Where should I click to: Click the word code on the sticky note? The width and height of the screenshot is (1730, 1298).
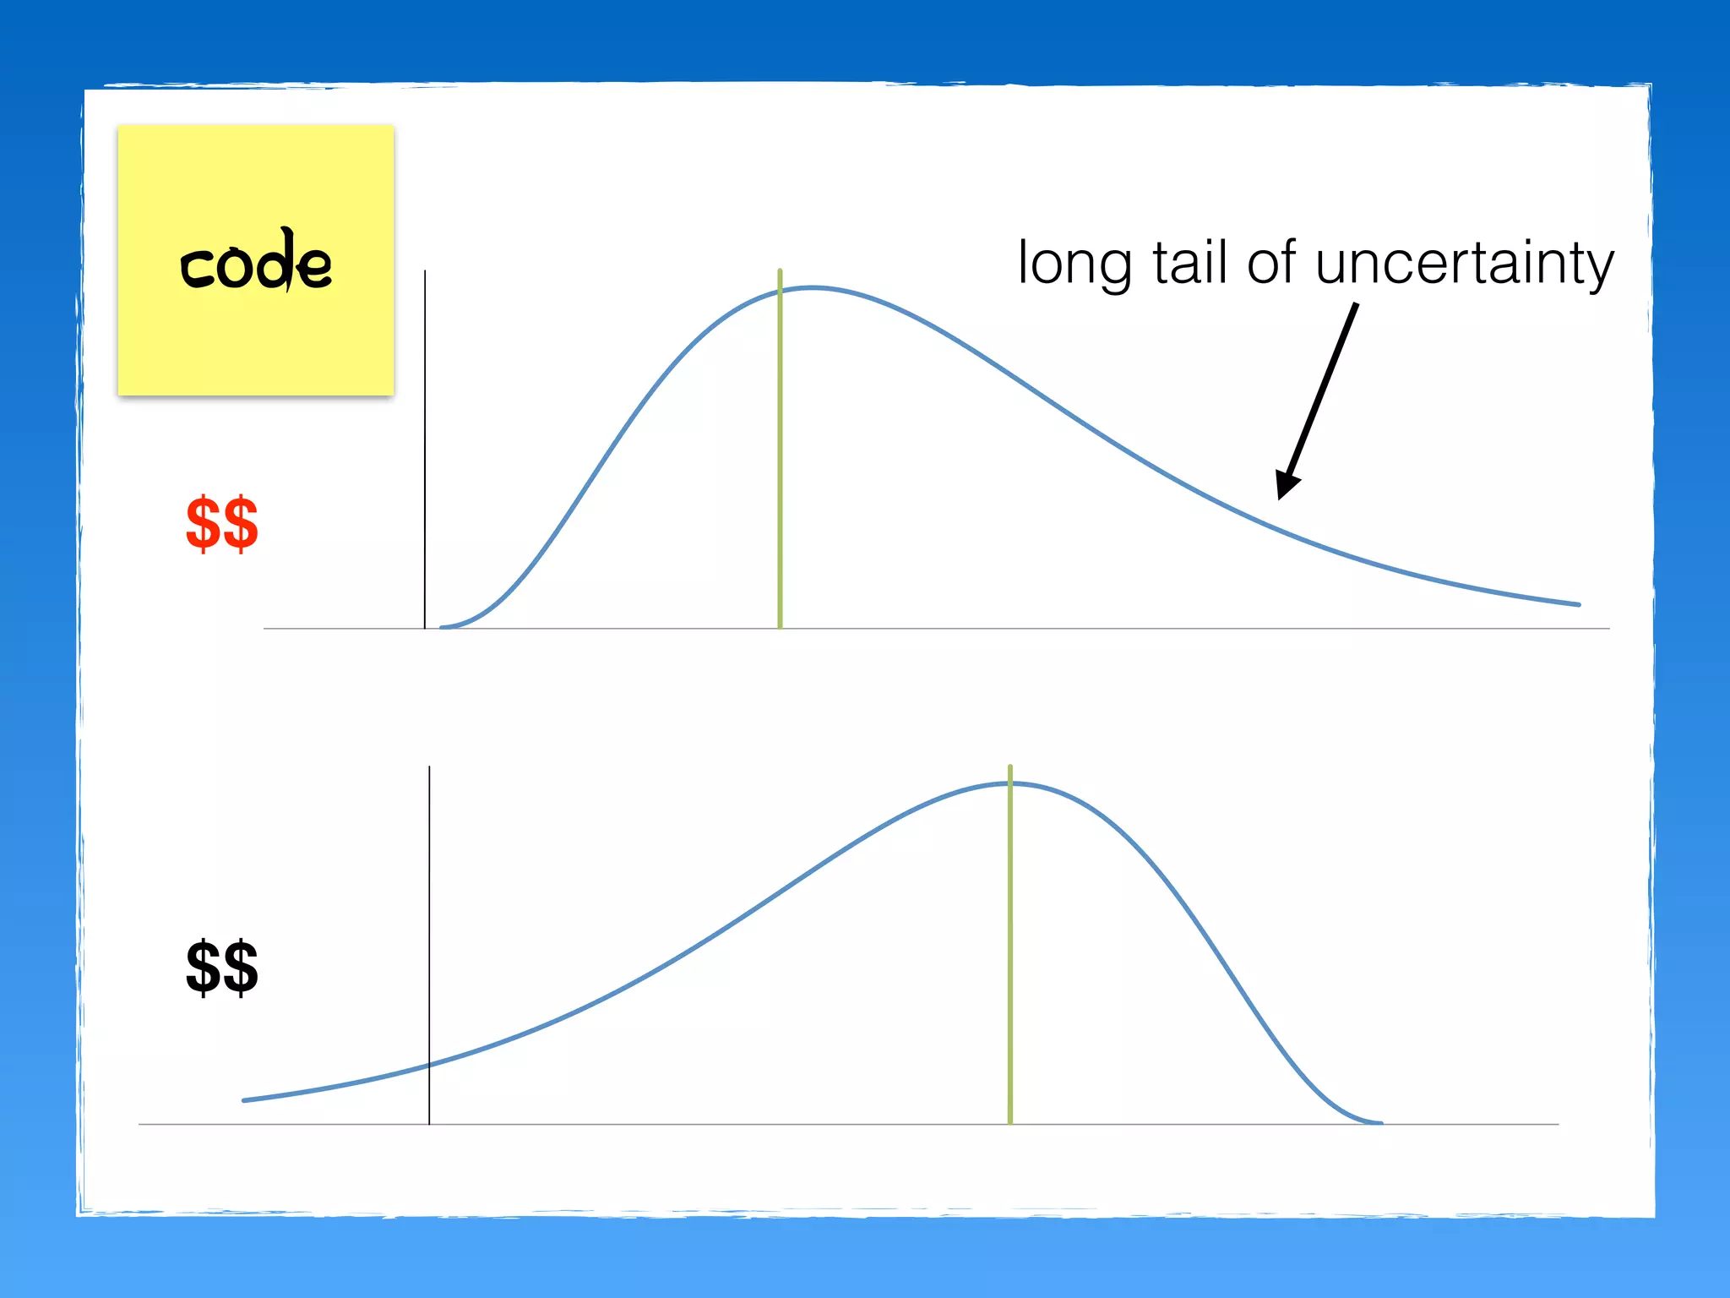pos(255,263)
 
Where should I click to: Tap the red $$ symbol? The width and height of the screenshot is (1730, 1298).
pos(221,524)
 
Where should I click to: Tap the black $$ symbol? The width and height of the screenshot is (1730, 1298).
pos(221,968)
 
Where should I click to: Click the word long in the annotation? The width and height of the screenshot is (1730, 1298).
pos(1074,264)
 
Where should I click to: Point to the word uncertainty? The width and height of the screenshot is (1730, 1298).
pos(1464,264)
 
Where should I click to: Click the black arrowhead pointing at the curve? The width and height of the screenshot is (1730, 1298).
pos(1287,486)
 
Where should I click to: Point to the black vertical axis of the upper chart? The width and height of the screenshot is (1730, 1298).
pos(425,448)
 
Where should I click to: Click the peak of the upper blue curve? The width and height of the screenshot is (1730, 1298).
pos(812,288)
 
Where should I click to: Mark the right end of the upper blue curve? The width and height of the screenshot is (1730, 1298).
pos(1578,604)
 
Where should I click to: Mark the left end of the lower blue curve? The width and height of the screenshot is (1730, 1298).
pos(245,1099)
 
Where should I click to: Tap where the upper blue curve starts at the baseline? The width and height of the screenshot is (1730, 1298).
pos(443,626)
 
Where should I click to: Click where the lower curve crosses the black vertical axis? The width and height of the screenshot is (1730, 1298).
pos(429,1065)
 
